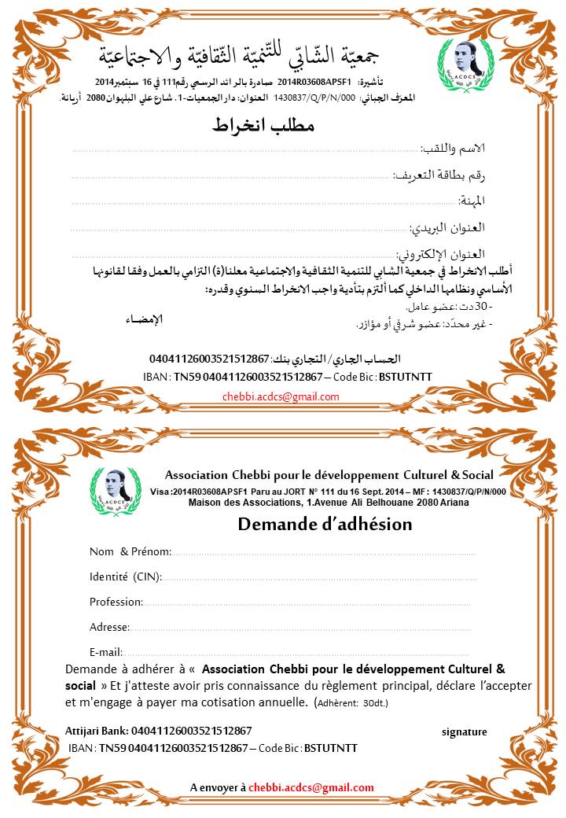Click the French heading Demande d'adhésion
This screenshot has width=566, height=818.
[x=325, y=524]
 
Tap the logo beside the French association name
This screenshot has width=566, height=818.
[x=111, y=492]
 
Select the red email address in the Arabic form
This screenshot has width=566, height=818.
[x=281, y=397]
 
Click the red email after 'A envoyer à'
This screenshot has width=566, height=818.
[x=311, y=787]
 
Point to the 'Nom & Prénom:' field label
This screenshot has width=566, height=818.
[x=130, y=551]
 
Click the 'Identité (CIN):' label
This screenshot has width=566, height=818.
[x=126, y=577]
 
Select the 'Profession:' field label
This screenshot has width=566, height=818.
[x=116, y=602]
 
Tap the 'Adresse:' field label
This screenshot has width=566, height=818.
[x=109, y=627]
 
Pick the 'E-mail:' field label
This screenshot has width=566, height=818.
[x=107, y=651]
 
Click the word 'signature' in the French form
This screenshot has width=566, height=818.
[x=464, y=731]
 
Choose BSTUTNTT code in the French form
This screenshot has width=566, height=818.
[x=330, y=747]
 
